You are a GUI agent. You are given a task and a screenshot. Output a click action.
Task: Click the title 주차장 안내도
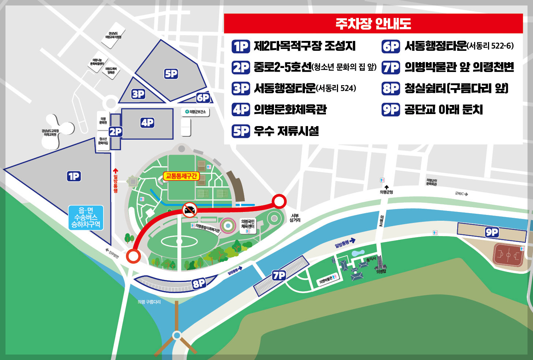pyautogui.click(x=373, y=24)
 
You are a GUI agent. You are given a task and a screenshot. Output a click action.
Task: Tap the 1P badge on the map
pyautogui.click(x=74, y=177)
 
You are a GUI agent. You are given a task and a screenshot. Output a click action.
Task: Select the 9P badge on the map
pyautogui.click(x=492, y=232)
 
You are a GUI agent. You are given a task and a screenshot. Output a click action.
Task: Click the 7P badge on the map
pyautogui.click(x=279, y=275)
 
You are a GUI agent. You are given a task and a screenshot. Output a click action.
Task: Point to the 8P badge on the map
pyautogui.click(x=199, y=283)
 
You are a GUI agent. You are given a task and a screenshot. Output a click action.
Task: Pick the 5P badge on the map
pyautogui.click(x=171, y=74)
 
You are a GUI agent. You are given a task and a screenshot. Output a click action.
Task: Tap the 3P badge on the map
pyautogui.click(x=138, y=94)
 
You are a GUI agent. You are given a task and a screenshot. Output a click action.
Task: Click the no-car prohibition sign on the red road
pyautogui.click(x=189, y=210)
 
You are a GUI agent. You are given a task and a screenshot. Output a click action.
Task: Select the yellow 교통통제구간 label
pyautogui.click(x=181, y=176)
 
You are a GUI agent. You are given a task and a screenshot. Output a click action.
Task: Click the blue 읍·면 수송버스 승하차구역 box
pyautogui.click(x=86, y=217)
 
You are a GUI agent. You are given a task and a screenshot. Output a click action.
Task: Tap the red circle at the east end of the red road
pyautogui.click(x=279, y=201)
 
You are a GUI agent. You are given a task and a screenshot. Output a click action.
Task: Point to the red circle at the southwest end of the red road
pyautogui.click(x=133, y=256)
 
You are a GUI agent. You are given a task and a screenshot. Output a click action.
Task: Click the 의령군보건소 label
pyautogui.click(x=196, y=112)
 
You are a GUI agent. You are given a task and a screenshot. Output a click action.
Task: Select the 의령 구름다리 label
pyautogui.click(x=149, y=302)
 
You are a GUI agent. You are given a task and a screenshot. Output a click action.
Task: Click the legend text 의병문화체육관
pyautogui.click(x=290, y=110)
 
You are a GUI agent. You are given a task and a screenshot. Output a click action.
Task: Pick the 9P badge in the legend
pyautogui.click(x=391, y=110)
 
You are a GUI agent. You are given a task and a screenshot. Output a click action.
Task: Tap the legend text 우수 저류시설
pyautogui.click(x=286, y=131)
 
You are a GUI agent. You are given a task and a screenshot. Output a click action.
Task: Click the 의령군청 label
pyautogui.click(x=386, y=192)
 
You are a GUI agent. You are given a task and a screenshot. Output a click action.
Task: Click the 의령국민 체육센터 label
pyautogui.click(x=248, y=224)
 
